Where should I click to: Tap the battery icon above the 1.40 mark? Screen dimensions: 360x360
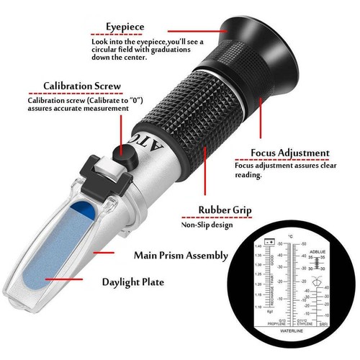[x=269, y=245]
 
